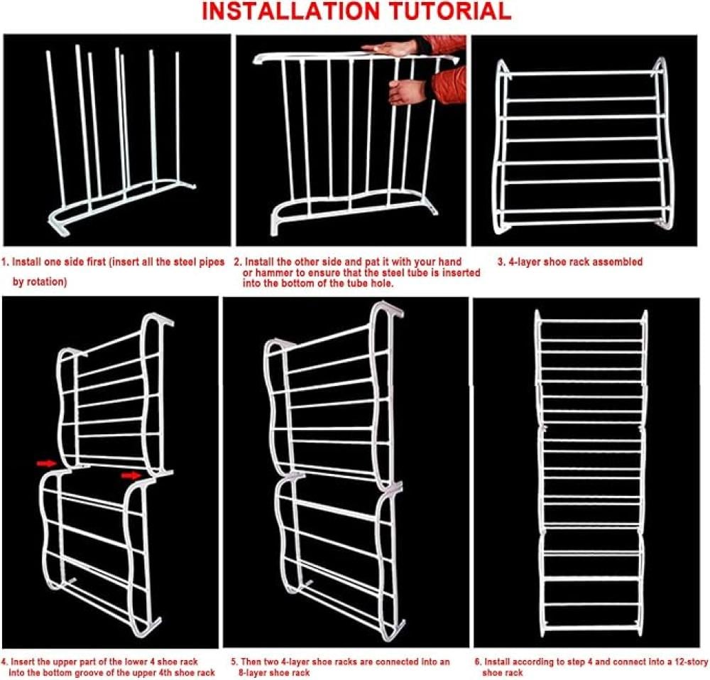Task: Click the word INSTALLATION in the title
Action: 290,11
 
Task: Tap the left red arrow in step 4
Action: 46,463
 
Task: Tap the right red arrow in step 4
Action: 131,475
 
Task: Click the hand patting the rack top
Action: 390,48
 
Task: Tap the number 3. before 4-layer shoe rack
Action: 501,261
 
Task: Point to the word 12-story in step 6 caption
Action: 692,662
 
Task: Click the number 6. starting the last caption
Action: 478,662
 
